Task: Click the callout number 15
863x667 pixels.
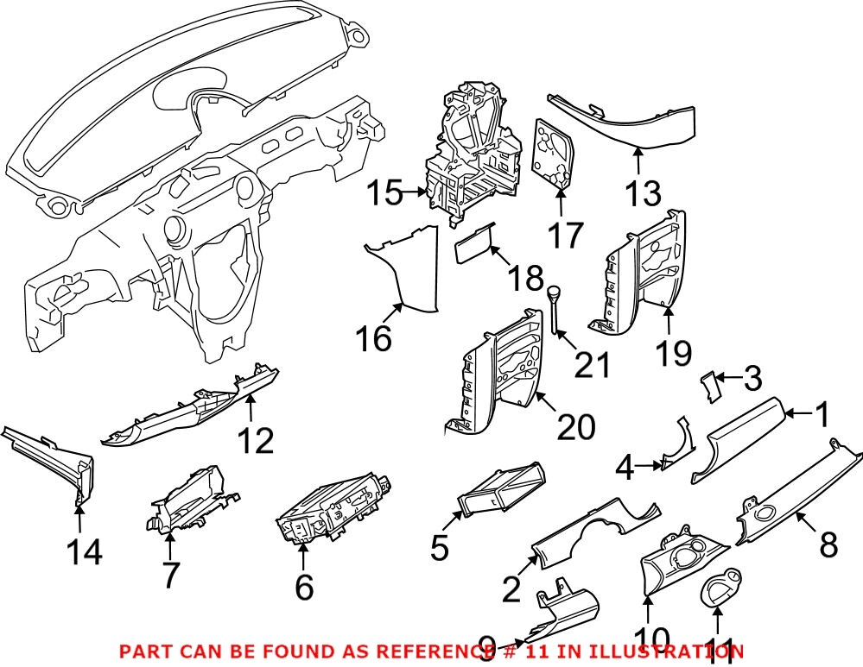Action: pyautogui.click(x=384, y=194)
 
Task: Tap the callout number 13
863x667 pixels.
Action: pyautogui.click(x=643, y=194)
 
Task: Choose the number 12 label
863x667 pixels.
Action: pyautogui.click(x=257, y=441)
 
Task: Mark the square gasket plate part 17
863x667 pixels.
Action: pyautogui.click(x=554, y=154)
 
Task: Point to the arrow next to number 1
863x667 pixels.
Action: pyautogui.click(x=803, y=415)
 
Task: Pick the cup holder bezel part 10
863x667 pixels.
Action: pyautogui.click(x=678, y=565)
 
